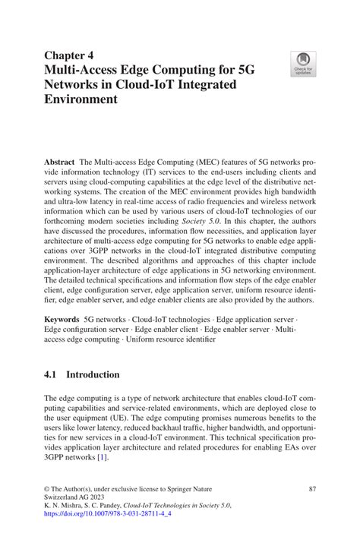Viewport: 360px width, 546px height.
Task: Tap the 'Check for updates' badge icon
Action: (303, 63)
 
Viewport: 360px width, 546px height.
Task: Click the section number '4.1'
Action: (52, 375)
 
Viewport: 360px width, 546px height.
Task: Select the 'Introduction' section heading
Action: (93, 375)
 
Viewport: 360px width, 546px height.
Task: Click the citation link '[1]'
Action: (103, 458)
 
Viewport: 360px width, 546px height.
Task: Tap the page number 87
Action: (310, 488)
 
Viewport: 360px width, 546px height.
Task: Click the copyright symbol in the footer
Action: (47, 488)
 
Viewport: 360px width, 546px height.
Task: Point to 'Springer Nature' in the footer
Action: (186, 488)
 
